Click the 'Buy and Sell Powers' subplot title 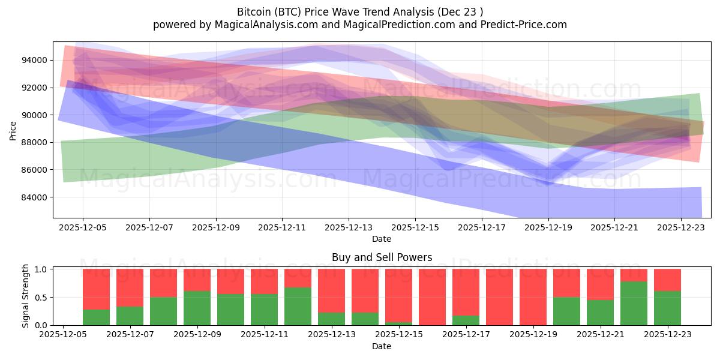382,257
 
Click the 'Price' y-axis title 13,130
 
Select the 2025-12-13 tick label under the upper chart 349,227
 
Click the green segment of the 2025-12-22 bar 634,303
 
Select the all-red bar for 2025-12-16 432,297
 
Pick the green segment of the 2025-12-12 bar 298,306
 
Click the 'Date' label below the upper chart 382,239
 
